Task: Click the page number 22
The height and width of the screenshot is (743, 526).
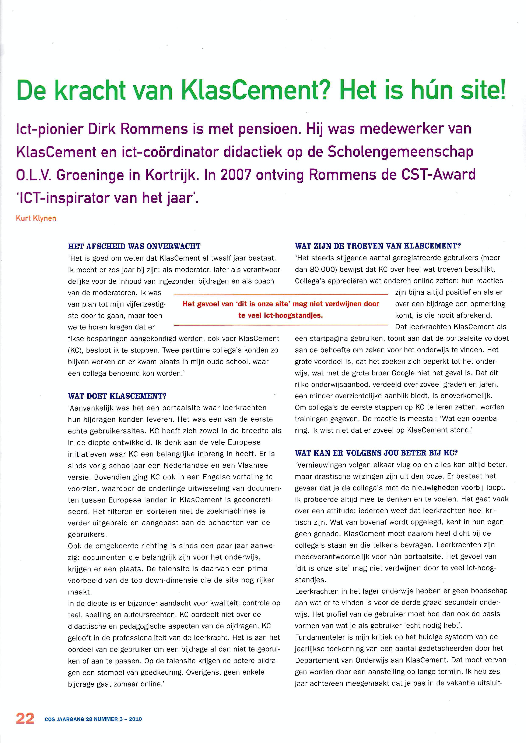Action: [25, 718]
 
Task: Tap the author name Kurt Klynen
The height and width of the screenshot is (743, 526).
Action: [36, 218]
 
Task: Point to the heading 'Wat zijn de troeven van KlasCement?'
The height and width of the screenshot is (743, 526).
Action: [378, 246]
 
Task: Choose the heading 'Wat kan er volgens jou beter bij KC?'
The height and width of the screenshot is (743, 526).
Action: [376, 453]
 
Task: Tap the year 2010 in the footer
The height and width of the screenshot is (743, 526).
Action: [135, 719]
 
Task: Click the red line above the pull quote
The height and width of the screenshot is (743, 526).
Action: [280, 295]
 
